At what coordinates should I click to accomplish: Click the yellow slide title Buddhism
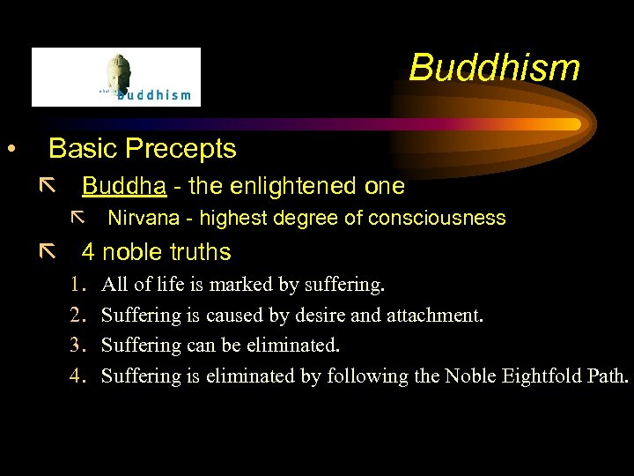494,68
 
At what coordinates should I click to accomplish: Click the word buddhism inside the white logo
154,94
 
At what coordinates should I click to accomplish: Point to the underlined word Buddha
117,186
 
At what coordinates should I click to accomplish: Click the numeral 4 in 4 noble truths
88,252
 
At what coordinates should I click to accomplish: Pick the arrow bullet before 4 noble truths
47,252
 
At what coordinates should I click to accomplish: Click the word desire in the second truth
304,315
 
